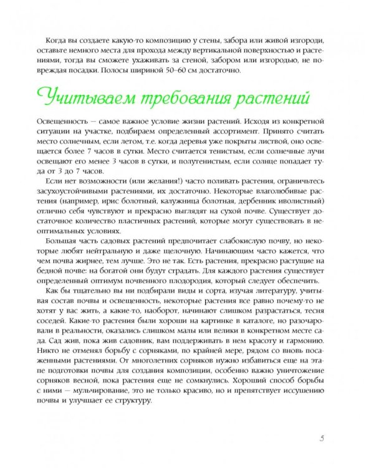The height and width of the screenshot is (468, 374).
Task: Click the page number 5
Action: [320, 438]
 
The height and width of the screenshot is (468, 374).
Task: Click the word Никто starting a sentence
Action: [59, 396]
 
